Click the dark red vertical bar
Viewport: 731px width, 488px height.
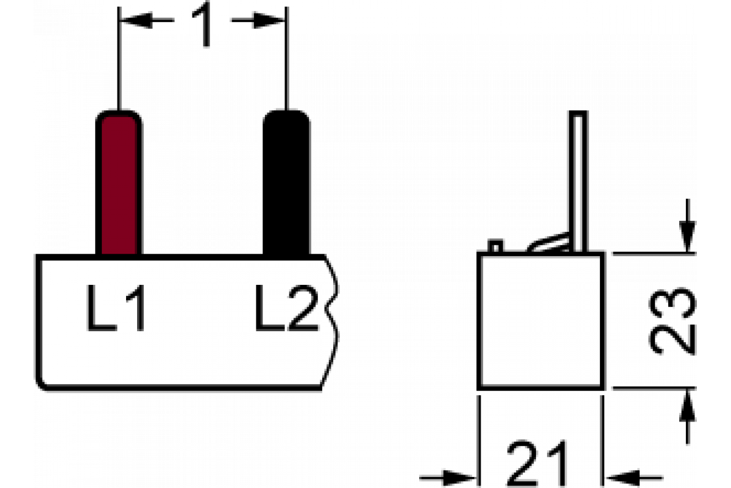tap(119, 186)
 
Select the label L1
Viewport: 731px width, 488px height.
tap(116, 309)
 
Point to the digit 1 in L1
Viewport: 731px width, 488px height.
tap(136, 309)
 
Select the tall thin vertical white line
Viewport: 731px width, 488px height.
tap(577, 183)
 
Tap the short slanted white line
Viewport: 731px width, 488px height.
tap(551, 245)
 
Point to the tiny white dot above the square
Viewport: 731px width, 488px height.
tap(495, 248)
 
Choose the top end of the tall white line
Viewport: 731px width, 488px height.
tap(577, 118)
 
